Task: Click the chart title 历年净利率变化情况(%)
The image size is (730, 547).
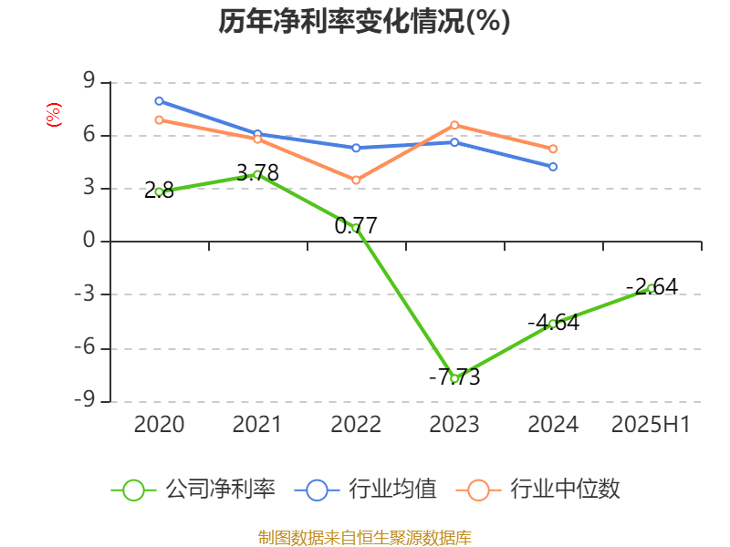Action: click(364, 22)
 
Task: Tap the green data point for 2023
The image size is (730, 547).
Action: click(454, 378)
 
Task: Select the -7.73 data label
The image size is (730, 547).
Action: click(454, 377)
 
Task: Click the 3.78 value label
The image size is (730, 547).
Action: click(257, 172)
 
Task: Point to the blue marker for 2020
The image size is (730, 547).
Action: click(159, 100)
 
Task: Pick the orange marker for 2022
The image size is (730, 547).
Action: click(356, 181)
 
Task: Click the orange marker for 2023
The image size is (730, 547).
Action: click(454, 125)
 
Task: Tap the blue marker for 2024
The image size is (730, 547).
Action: click(553, 167)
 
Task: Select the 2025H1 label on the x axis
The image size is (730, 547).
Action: click(651, 425)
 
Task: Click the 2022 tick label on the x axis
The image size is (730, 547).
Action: click(356, 425)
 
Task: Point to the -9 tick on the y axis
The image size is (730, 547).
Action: click(88, 401)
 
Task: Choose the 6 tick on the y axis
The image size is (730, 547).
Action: click(89, 135)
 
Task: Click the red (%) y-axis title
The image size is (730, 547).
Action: click(53, 114)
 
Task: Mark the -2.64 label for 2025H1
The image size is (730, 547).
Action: click(652, 287)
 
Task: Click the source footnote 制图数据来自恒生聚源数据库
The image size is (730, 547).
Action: click(364, 537)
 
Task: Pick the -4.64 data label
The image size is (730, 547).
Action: click(553, 323)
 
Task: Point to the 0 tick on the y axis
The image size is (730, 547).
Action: click(89, 242)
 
